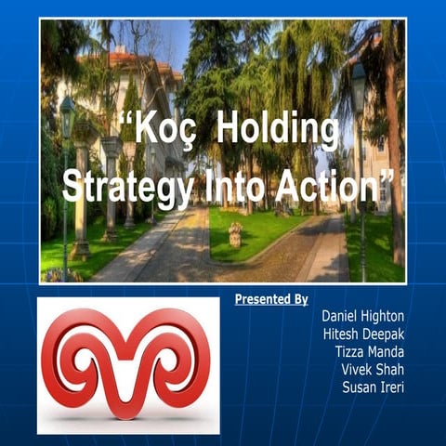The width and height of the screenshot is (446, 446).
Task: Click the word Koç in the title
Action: [163, 130]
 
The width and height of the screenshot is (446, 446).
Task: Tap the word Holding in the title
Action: [276, 129]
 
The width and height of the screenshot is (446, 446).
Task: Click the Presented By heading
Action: [270, 299]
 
